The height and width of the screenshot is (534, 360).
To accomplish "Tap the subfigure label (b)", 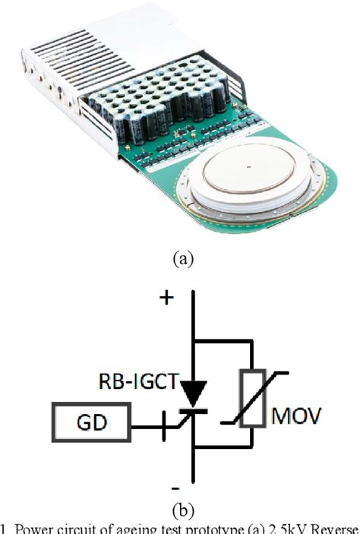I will point(180,507).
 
